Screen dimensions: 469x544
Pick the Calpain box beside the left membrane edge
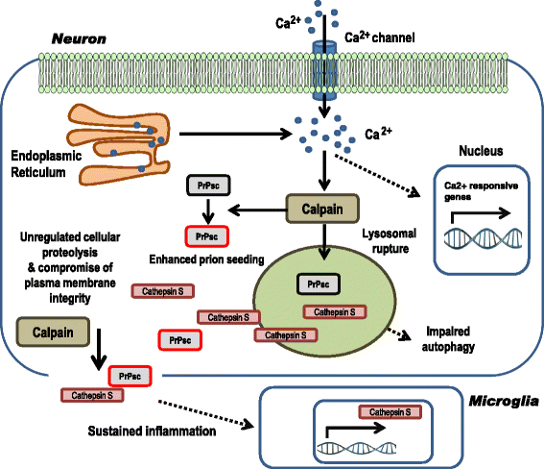coord(47,332)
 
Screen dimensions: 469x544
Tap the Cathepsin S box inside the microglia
coord(389,411)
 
